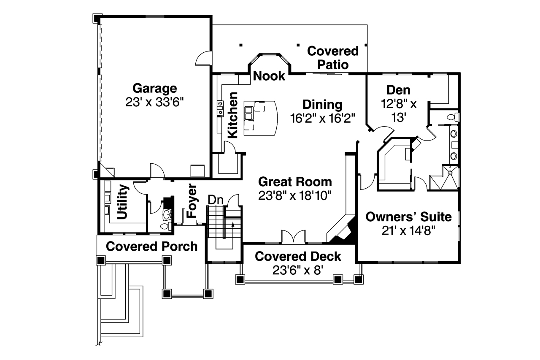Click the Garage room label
pyautogui.click(x=154, y=89)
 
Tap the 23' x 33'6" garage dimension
pyautogui.click(x=154, y=102)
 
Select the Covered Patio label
pyautogui.click(x=333, y=58)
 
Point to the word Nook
pyautogui.click(x=269, y=76)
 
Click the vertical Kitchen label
pyautogui.click(x=232, y=115)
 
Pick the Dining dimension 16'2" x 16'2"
pyautogui.click(x=323, y=118)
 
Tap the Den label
pyautogui.click(x=399, y=90)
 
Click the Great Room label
pyautogui.click(x=295, y=182)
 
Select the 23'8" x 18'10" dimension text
pyautogui.click(x=295, y=195)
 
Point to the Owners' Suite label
pyautogui.click(x=409, y=217)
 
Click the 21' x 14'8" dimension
pyautogui.click(x=409, y=230)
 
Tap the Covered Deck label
pyautogui.click(x=298, y=256)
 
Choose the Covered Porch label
pyautogui.click(x=151, y=246)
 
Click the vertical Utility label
pyautogui.click(x=122, y=202)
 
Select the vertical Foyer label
pyautogui.click(x=192, y=201)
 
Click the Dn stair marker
pyautogui.click(x=216, y=200)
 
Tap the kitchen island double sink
pyautogui.click(x=248, y=113)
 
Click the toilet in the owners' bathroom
pyautogui.click(x=453, y=117)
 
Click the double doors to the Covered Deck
pyautogui.click(x=293, y=236)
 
